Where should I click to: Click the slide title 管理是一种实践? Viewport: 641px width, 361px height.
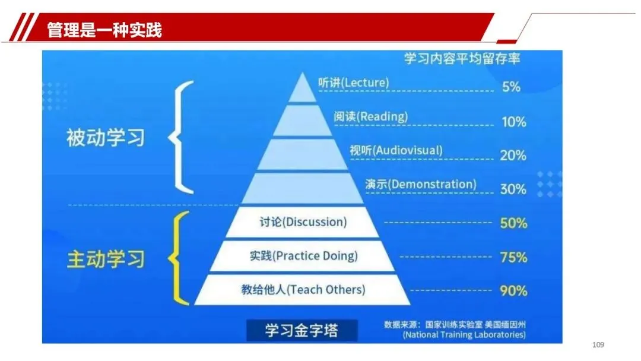point(104,29)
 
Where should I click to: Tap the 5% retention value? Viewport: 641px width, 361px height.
point(510,87)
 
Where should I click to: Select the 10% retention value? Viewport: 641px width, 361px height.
point(513,122)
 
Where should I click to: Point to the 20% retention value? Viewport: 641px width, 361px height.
point(513,156)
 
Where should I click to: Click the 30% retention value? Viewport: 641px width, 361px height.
point(513,189)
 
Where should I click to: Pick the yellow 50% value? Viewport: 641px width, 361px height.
point(513,223)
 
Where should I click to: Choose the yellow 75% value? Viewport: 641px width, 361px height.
point(513,257)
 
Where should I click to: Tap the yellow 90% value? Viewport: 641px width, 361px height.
point(513,291)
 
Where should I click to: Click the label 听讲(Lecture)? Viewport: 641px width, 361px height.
point(353,83)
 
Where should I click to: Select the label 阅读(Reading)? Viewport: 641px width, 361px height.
point(371,116)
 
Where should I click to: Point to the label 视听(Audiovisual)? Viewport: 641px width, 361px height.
point(396,150)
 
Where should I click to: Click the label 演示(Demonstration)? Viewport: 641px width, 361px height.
point(420,184)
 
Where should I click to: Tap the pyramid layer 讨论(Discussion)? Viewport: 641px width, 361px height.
point(303,223)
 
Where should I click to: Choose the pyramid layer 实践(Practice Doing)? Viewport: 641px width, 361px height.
point(303,256)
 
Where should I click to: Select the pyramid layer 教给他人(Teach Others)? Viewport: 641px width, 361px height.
point(303,290)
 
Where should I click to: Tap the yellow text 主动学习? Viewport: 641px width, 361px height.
point(105,259)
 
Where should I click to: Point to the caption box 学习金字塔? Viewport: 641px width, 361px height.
point(302,330)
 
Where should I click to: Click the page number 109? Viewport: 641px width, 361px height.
point(598,346)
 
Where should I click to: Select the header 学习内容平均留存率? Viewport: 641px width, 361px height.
point(462,59)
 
